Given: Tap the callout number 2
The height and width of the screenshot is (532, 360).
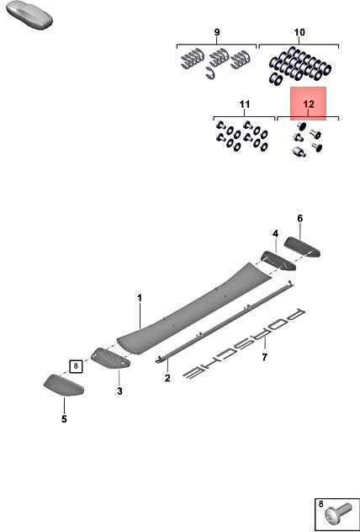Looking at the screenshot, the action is [167, 378].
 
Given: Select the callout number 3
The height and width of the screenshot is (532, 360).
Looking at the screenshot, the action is [119, 391].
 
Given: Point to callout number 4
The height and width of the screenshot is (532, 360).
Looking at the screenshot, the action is [275, 233].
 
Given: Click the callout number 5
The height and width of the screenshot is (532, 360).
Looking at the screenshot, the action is [64, 419].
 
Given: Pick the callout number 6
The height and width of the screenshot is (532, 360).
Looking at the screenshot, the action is [300, 218].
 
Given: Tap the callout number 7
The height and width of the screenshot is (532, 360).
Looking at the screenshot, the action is [264, 357].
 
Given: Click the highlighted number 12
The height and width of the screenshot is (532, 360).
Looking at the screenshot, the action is [309, 104].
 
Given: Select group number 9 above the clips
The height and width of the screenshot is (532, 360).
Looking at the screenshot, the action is [217, 33].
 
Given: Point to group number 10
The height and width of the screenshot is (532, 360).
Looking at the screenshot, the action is [299, 33].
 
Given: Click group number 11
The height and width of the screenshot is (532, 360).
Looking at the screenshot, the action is [245, 104].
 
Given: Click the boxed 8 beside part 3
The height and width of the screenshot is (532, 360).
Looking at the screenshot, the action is [76, 366].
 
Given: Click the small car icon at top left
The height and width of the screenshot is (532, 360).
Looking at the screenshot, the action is [29, 13].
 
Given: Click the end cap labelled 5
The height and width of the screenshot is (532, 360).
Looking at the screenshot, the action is [64, 386].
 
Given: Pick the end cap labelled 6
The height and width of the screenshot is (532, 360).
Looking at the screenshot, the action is [302, 247].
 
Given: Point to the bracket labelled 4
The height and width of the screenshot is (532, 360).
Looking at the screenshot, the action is [278, 261].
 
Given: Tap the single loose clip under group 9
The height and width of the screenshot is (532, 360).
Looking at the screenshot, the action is [210, 73].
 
